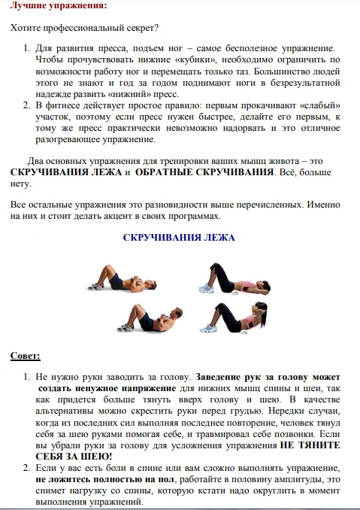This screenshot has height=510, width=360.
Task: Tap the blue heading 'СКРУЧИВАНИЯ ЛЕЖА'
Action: point(179,238)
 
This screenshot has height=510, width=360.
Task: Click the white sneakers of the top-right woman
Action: point(206,288)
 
